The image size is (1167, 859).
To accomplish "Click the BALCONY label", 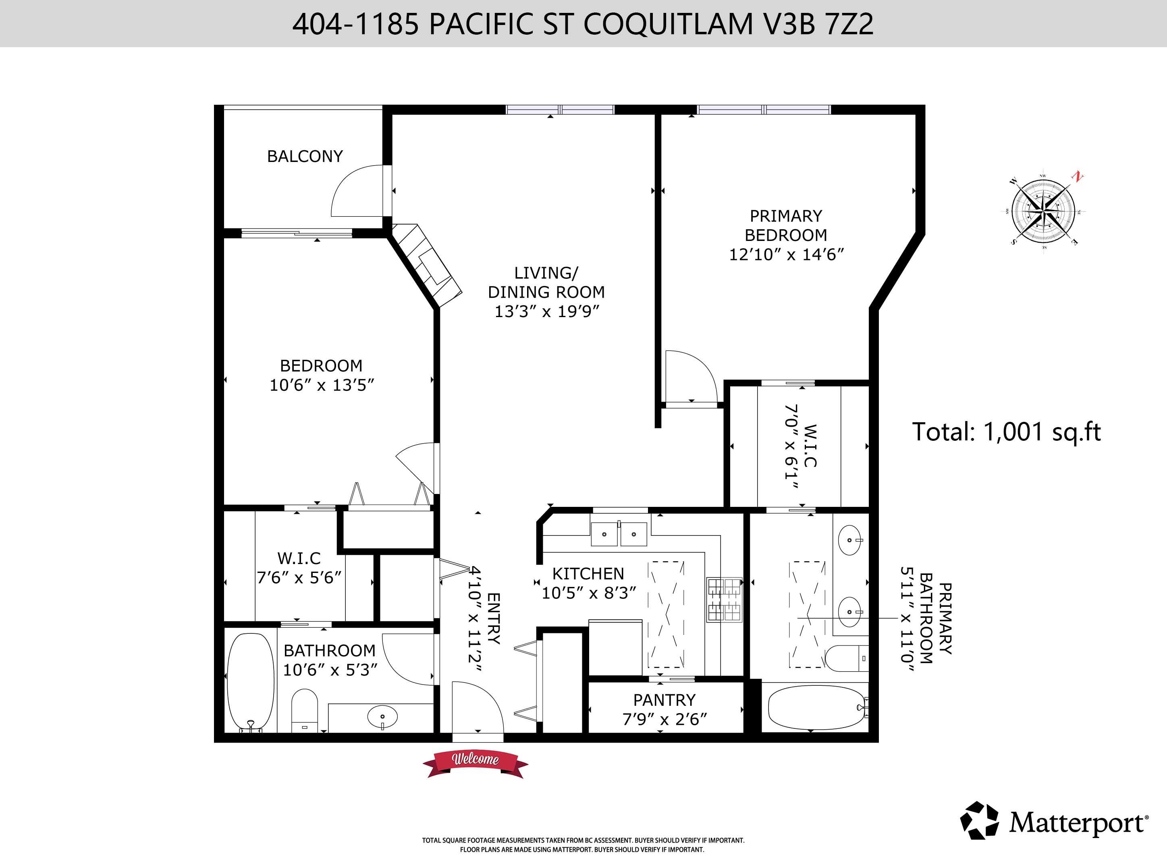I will tap(305, 156).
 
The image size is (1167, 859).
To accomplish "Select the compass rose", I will tap(1043, 211).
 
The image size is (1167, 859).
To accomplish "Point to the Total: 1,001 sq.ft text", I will tap(1006, 432).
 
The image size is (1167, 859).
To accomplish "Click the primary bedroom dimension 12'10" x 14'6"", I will tap(786, 255).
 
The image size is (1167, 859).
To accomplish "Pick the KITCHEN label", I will tap(588, 573).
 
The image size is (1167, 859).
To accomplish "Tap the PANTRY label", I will tap(664, 700).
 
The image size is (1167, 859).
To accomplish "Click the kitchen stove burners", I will tap(724, 600).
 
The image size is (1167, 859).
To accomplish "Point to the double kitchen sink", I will tap(619, 534).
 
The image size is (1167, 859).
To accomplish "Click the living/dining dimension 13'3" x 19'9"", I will tap(546, 311).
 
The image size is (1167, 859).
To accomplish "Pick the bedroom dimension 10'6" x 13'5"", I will tap(322, 385).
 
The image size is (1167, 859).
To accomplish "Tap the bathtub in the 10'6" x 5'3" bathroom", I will tap(251, 681).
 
